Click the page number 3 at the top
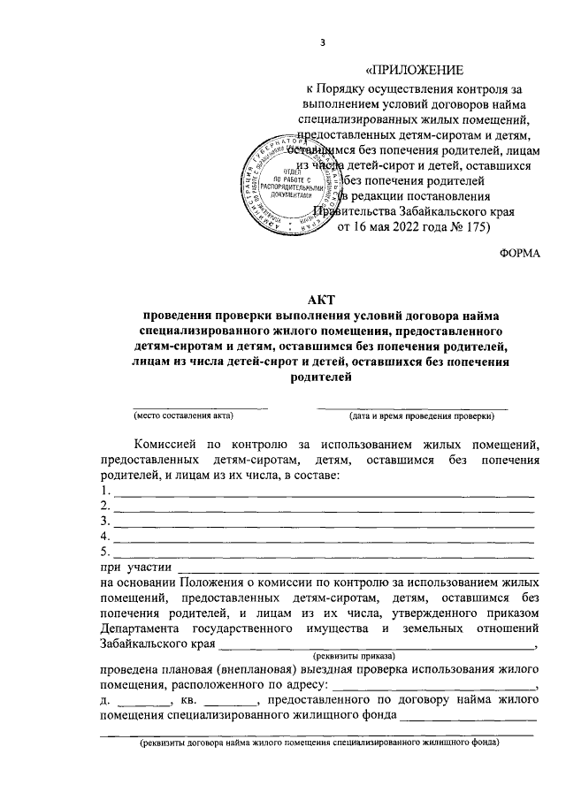[x=323, y=43]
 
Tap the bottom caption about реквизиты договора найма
[x=322, y=743]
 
